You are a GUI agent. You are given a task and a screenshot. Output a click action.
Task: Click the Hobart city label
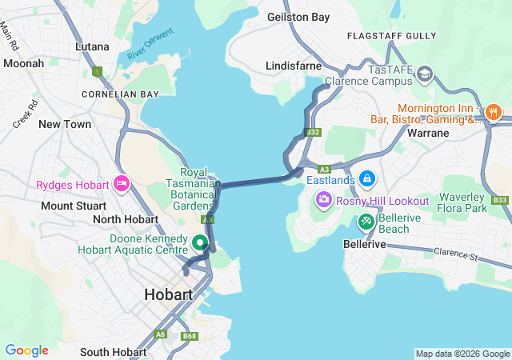pos(168,294)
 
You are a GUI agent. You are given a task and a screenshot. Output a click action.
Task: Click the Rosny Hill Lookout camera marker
pos(323,200)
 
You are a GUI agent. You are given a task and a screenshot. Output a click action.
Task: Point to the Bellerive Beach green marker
pos(367,220)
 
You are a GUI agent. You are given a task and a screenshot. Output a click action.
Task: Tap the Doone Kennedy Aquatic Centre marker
pos(198,241)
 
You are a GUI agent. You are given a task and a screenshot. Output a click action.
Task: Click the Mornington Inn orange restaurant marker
pos(494,110)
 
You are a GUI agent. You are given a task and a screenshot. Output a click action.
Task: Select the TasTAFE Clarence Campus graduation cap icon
pos(426,74)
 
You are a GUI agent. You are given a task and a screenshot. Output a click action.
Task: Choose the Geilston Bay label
pos(298,16)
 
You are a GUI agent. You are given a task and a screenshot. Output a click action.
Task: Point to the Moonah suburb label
pos(24,63)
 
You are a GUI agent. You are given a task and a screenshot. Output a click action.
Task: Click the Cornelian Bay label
pos(120,94)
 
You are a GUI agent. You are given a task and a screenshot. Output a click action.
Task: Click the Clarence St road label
pos(455,257)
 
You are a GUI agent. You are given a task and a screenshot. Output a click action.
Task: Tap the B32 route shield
pos(313,132)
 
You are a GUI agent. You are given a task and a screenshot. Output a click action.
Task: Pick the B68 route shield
pos(190,336)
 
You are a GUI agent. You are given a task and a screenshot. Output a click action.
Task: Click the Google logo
pos(26,350)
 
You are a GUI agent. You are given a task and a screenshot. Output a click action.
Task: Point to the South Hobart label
pos(113,352)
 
